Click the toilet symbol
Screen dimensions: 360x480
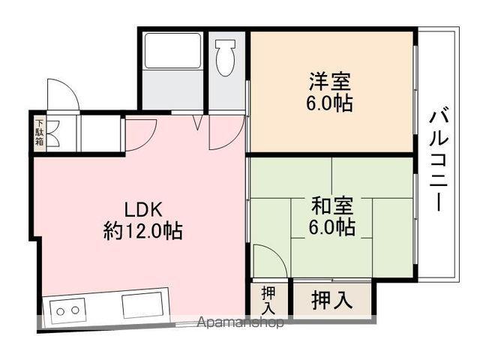(225, 57)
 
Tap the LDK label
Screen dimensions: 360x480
(143, 209)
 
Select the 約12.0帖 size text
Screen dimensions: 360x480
(142, 230)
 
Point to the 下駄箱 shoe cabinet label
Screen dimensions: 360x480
(39, 133)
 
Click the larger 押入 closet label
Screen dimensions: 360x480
(331, 299)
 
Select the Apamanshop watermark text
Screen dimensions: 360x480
(240, 324)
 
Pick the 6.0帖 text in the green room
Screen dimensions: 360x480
(330, 226)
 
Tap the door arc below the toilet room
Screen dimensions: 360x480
(225, 132)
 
